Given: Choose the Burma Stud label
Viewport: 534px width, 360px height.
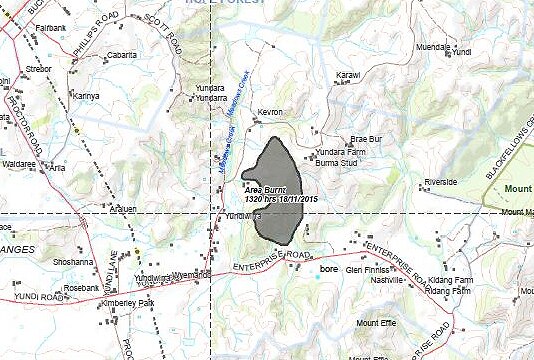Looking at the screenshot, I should (336, 161).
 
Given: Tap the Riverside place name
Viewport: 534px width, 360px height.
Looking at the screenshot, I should (440, 182).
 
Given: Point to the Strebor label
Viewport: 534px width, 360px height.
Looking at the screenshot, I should (38, 70).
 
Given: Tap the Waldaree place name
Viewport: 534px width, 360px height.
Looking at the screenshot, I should (19, 162).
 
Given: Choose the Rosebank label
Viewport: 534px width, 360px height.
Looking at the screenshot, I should (81, 288).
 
